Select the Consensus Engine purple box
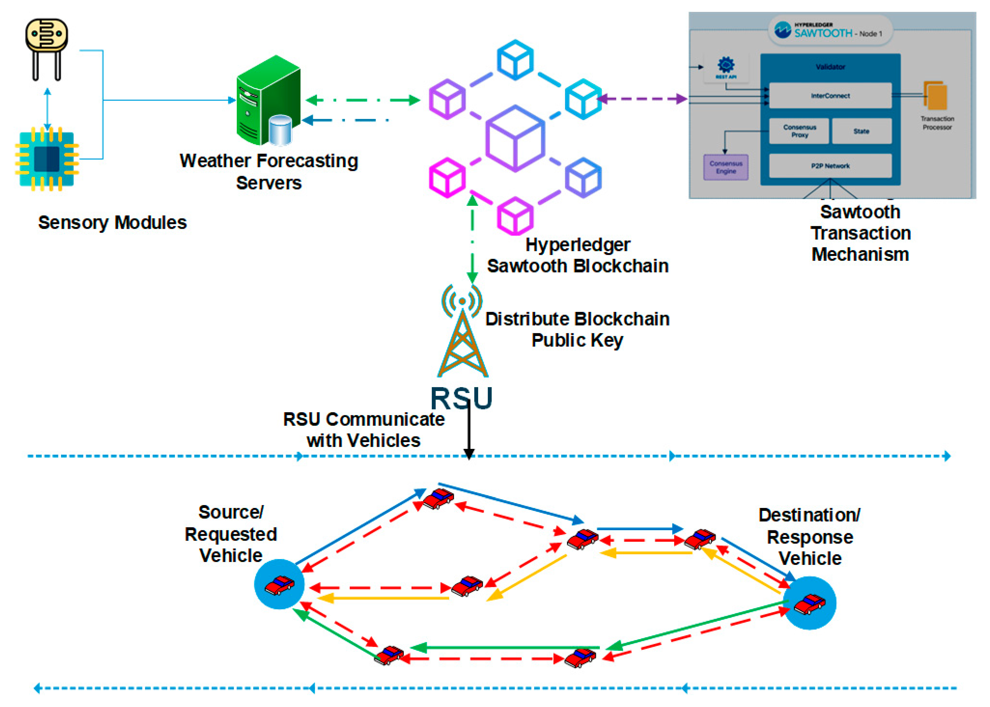tap(726, 167)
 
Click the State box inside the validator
tap(861, 131)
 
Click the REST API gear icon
tap(726, 65)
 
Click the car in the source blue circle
tap(279, 585)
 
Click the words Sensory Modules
tap(112, 223)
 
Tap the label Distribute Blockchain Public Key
tap(577, 330)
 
